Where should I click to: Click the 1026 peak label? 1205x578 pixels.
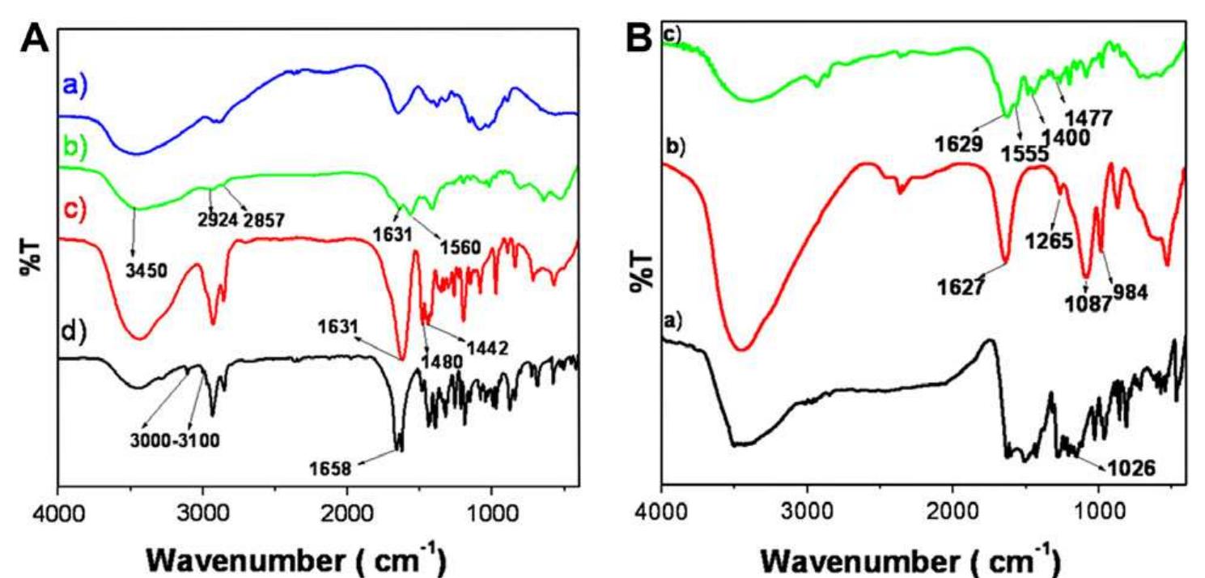(1128, 467)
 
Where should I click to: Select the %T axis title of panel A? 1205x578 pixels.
(31, 255)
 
